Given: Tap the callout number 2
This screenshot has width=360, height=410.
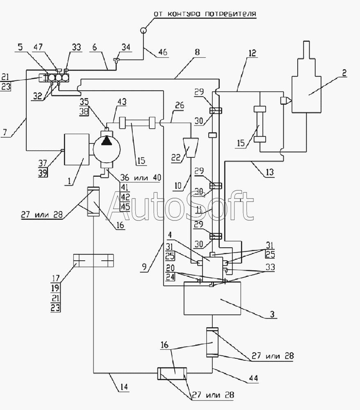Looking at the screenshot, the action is pyautogui.click(x=344, y=73).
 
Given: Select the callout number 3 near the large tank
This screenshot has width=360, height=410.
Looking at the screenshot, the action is pyautogui.click(x=272, y=314).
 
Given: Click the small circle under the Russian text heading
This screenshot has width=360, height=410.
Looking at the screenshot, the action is pyautogui.click(x=143, y=30).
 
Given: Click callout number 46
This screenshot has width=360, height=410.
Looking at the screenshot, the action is pyautogui.click(x=163, y=52).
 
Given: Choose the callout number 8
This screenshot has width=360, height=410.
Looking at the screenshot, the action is pyautogui.click(x=197, y=52).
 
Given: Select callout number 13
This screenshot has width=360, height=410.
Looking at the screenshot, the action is pyautogui.click(x=269, y=172).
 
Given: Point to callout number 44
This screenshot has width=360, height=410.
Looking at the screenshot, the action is pyautogui.click(x=253, y=378).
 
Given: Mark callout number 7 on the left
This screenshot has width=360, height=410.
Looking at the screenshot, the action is pyautogui.click(x=5, y=132).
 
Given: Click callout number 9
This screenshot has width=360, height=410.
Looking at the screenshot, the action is pyautogui.click(x=144, y=267).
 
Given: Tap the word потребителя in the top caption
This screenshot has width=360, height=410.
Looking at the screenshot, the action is pyautogui.click(x=230, y=14).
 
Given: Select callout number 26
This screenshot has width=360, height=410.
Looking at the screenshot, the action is pyautogui.click(x=179, y=106).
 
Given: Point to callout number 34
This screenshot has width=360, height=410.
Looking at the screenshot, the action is pyautogui.click(x=125, y=48).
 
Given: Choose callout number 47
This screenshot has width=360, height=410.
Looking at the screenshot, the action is pyautogui.click(x=39, y=47).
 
